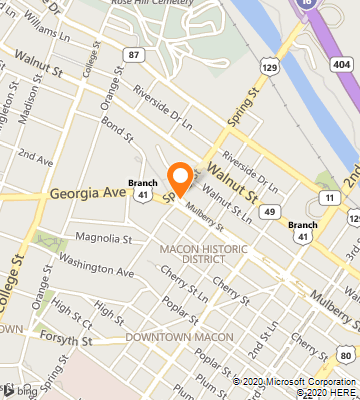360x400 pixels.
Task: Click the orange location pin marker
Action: coord(180,178)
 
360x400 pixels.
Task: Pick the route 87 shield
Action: coord(134,54)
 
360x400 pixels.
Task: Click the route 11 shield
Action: coord(328,199)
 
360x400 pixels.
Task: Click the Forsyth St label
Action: coord(72,341)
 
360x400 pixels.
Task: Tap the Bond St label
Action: coord(116,131)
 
